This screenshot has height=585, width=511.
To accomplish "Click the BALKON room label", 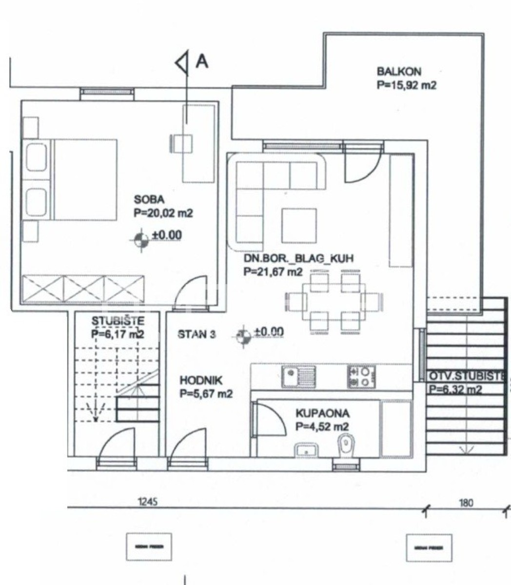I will coord(398,71).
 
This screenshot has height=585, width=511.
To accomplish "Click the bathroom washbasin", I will coord(306,449).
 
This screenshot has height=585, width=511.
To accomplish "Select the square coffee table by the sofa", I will coord(299,225).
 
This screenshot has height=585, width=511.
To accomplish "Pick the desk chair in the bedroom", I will coord(180,144).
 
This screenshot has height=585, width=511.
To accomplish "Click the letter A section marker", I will coord(202,61).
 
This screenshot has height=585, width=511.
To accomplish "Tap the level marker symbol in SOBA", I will coord(141,239).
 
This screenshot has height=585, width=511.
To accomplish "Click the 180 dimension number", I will coord(466,503).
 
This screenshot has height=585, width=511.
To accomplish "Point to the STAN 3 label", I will coord(197,334).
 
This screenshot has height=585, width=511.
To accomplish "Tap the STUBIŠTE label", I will coord(118,321).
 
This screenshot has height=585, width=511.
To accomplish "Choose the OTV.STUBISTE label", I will coord(466,376).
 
